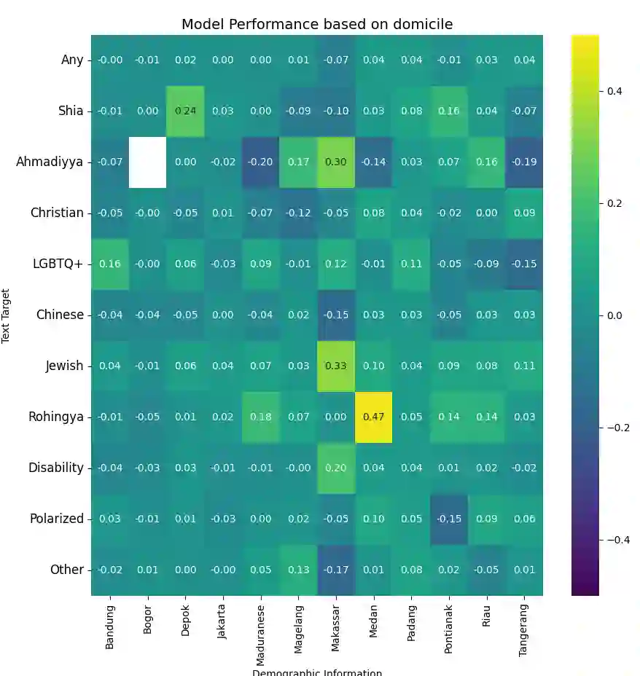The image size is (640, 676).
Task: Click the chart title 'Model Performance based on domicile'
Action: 317,24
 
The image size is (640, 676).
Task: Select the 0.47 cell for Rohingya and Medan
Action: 374,417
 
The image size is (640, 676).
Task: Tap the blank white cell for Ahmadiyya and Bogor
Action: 148,162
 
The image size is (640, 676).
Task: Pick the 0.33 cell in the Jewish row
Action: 336,366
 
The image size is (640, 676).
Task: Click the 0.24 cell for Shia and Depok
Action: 186,111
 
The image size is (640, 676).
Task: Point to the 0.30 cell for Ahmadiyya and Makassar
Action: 336,162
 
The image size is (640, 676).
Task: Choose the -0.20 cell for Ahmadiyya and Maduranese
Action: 261,162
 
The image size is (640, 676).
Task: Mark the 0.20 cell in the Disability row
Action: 336,468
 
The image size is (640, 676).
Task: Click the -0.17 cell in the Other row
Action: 336,570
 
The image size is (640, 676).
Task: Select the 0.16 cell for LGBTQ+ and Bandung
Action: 110,264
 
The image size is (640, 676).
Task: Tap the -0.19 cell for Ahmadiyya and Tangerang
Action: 524,162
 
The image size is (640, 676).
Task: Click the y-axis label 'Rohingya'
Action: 56,417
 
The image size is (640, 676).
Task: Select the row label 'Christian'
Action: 57,213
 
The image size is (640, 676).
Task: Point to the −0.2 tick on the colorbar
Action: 614,427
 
